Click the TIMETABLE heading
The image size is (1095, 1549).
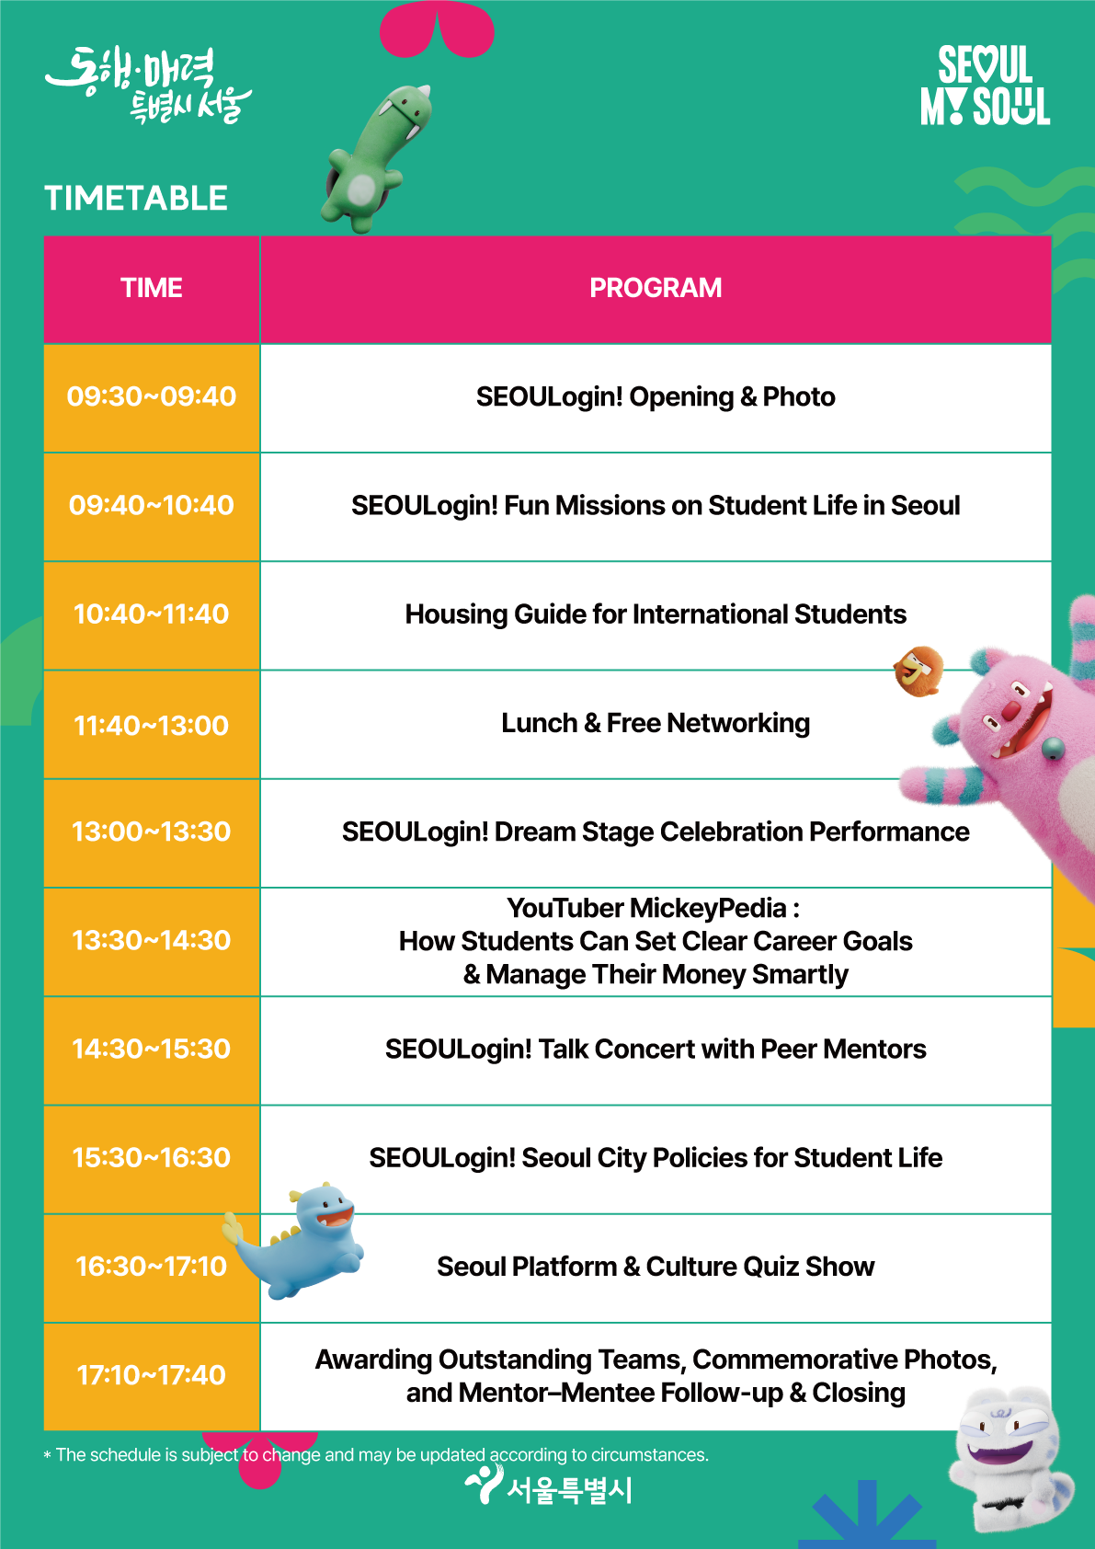tap(135, 199)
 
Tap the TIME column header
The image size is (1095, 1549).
tap(152, 288)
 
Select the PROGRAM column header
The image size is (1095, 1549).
tap(656, 288)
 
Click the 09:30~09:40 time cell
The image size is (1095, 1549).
tap(152, 397)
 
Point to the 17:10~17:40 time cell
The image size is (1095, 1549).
tap(152, 1375)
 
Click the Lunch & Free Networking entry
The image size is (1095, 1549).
tap(656, 723)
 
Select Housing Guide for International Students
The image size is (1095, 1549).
tap(656, 614)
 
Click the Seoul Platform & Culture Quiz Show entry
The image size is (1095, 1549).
tap(656, 1267)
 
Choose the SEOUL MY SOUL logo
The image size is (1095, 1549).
tap(985, 86)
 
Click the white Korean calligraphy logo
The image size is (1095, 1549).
tap(149, 85)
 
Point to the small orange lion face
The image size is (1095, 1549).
tap(918, 671)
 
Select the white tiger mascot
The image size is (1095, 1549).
tap(1010, 1459)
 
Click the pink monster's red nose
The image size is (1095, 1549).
tap(1010, 710)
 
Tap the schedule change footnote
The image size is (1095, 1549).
tap(376, 1455)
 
